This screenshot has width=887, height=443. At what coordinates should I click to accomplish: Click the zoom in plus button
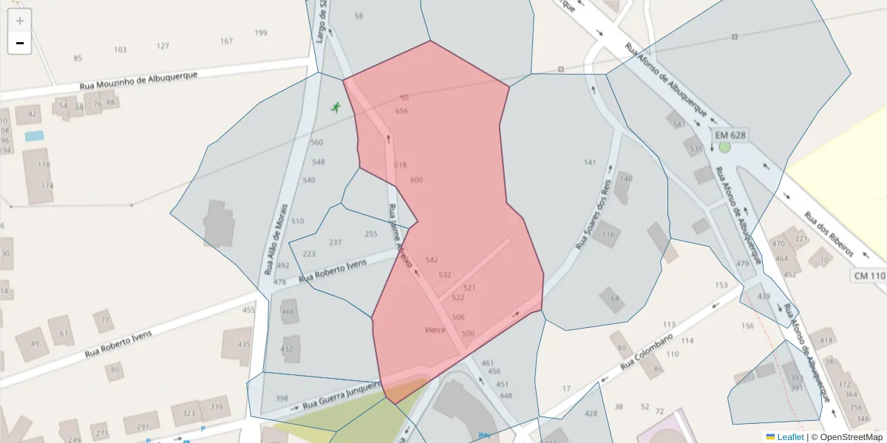20,21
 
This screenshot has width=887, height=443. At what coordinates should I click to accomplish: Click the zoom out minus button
20,43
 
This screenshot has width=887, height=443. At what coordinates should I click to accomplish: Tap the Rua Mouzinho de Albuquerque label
138,80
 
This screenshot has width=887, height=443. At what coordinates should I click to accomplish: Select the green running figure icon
336,107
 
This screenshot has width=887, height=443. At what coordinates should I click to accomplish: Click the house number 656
401,111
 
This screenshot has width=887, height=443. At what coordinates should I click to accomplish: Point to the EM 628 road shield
730,135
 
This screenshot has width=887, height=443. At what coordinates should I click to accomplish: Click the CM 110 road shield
869,276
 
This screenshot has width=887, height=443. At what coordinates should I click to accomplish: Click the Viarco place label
435,329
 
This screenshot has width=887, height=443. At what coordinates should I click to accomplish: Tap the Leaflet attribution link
784,436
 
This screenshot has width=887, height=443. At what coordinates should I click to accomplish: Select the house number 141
589,162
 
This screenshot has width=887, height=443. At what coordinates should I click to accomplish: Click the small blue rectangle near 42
34,136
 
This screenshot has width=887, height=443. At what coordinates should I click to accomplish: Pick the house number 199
260,33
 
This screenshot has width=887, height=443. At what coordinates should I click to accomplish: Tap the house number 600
416,180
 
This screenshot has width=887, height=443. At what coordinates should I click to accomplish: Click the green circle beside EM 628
724,147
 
